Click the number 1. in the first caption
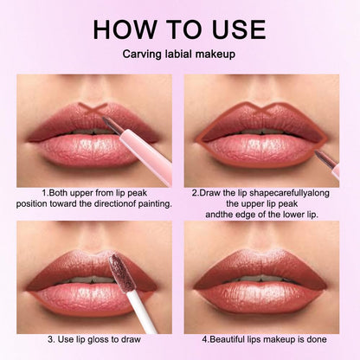[44, 192]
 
